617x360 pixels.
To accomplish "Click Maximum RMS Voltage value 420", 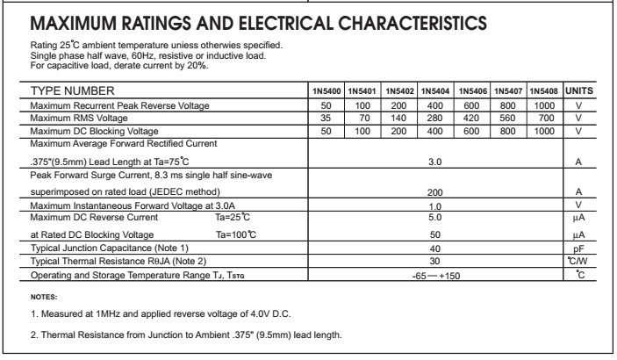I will pos(471,117).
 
